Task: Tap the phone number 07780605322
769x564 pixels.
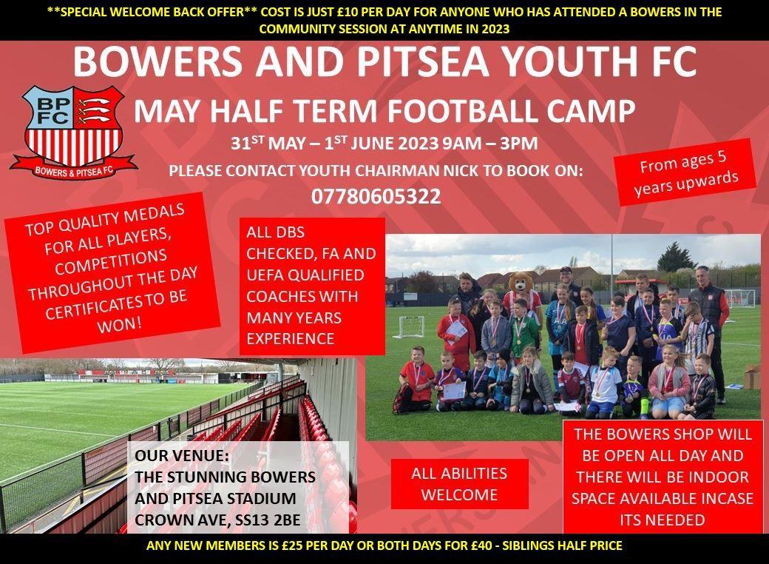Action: click(376, 197)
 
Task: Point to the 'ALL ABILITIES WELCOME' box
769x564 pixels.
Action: click(459, 483)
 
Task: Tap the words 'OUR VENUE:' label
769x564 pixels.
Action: click(176, 456)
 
